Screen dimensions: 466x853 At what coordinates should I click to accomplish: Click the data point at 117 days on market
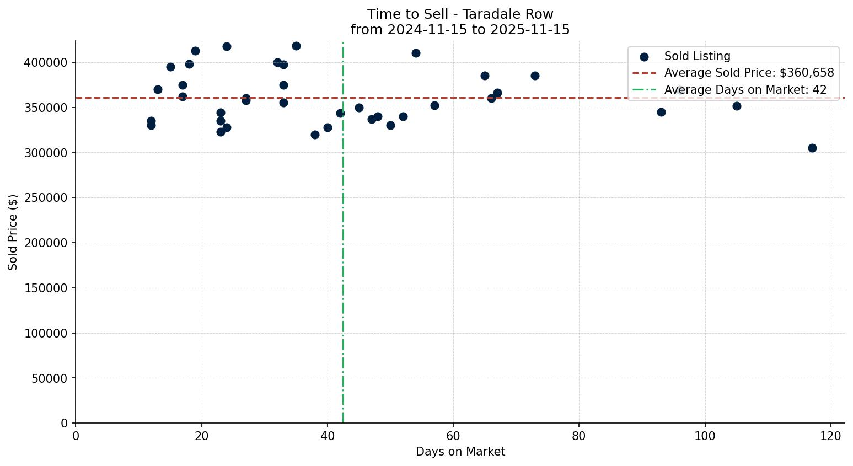(812, 148)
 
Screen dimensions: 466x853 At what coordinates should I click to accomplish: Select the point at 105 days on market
(737, 106)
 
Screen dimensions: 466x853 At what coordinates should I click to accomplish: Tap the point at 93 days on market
(661, 112)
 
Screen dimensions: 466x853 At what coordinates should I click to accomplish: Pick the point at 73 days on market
(535, 76)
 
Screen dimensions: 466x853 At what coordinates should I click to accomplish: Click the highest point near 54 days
(416, 53)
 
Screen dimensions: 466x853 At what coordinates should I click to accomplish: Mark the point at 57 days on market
(434, 105)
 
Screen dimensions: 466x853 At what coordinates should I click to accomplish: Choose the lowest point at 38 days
(315, 135)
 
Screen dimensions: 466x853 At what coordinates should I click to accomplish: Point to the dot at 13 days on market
(158, 89)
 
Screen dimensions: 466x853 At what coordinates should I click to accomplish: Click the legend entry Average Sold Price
(749, 73)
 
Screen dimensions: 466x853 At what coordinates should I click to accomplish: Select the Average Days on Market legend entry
(745, 90)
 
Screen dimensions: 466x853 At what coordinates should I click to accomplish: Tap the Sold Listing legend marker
(644, 57)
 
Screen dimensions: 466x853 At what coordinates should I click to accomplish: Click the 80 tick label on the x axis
(579, 436)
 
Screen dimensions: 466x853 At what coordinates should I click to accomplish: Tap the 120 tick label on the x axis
(831, 436)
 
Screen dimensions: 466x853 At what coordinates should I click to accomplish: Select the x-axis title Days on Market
(460, 452)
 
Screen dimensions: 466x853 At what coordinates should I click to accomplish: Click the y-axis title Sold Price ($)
(13, 232)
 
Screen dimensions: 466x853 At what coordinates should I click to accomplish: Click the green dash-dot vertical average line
(343, 276)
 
